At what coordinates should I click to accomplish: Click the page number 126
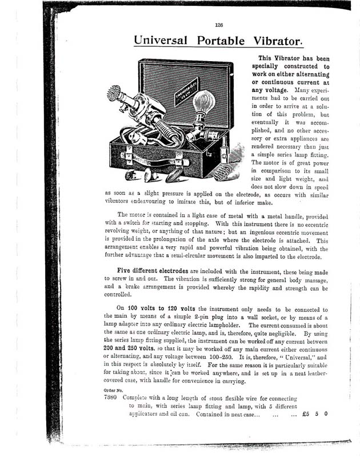219,25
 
